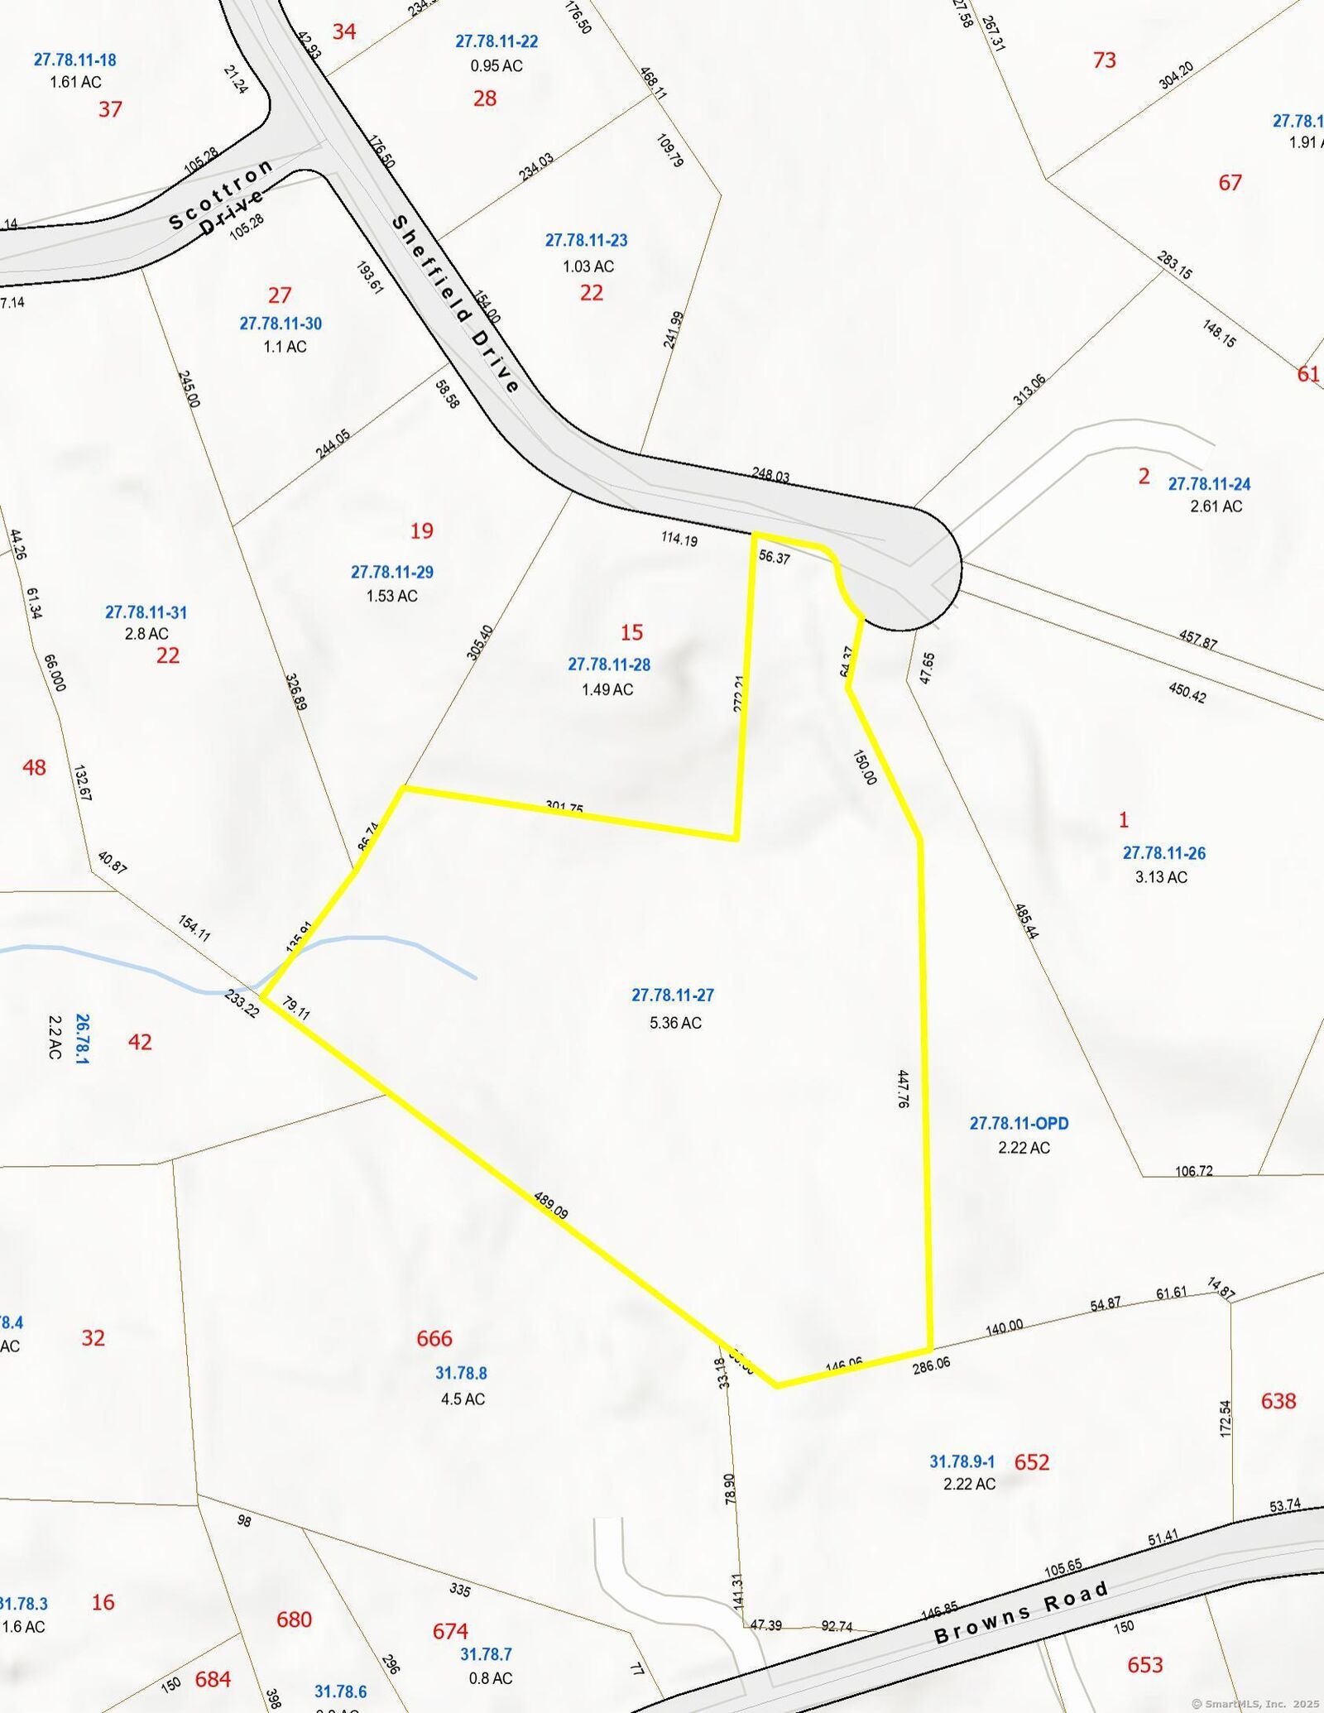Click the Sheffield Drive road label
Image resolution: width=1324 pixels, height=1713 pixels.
pyautogui.click(x=455, y=305)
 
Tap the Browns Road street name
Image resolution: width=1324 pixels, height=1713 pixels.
pyautogui.click(x=1021, y=1612)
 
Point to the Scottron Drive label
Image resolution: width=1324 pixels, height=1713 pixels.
pyautogui.click(x=219, y=199)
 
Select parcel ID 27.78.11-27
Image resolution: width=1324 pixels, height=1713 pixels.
pyautogui.click(x=672, y=995)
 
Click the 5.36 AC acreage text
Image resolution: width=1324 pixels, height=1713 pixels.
pyautogui.click(x=675, y=1023)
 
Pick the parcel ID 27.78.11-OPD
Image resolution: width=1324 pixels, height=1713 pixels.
pyautogui.click(x=1019, y=1123)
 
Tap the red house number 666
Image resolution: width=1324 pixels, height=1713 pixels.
pyautogui.click(x=434, y=1338)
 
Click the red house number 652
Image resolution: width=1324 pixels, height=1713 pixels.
pyautogui.click(x=1031, y=1462)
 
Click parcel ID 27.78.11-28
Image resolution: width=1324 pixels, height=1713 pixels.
pyautogui.click(x=609, y=664)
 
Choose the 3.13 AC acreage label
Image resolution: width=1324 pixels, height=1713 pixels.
pyautogui.click(x=1161, y=877)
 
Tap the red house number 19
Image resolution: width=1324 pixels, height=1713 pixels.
pyautogui.click(x=422, y=530)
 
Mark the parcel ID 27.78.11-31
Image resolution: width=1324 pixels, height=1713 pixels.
pyautogui.click(x=146, y=612)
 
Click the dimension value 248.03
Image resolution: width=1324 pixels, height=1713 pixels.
pyautogui.click(x=770, y=475)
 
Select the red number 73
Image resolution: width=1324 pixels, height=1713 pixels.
pyautogui.click(x=1104, y=60)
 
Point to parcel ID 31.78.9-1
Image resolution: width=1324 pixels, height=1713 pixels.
pyautogui.click(x=962, y=1462)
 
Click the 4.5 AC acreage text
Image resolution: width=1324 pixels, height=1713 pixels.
pyautogui.click(x=463, y=1399)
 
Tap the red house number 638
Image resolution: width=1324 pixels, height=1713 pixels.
pyautogui.click(x=1278, y=1401)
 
